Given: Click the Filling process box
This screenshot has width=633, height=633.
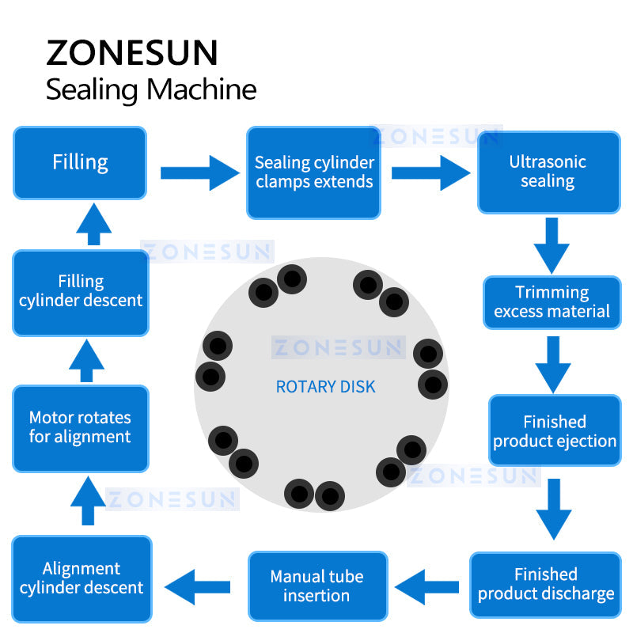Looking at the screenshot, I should pos(80,162).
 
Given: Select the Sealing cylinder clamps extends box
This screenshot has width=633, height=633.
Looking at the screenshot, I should pos(313,172).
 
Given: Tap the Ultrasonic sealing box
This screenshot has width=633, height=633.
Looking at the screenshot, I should pos(548,172).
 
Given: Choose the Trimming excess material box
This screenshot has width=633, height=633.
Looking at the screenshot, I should pos(552,302).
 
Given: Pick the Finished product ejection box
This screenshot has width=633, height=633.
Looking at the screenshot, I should pos(554,431).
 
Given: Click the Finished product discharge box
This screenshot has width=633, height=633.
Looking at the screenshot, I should pos(546,584).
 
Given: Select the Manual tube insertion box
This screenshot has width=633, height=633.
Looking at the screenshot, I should pos(316,586).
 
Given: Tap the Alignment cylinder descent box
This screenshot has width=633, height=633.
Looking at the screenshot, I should pos(81,578).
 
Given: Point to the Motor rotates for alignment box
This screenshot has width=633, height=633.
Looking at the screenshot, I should pos(80,427).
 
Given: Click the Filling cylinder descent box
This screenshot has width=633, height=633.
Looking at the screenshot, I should pos(81,291).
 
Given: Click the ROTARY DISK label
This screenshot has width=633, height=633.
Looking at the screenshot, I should pos(325,387).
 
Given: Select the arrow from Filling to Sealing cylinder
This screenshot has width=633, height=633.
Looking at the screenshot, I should pos(199,172).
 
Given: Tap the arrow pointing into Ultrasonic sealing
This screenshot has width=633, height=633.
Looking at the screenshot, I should pos(430,172).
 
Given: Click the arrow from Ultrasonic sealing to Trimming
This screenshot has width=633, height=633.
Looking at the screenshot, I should pos(552,244).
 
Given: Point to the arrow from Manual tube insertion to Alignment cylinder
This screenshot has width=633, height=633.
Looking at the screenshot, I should pos(198,586).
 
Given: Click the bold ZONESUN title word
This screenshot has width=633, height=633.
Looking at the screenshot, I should pos(131,52).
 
